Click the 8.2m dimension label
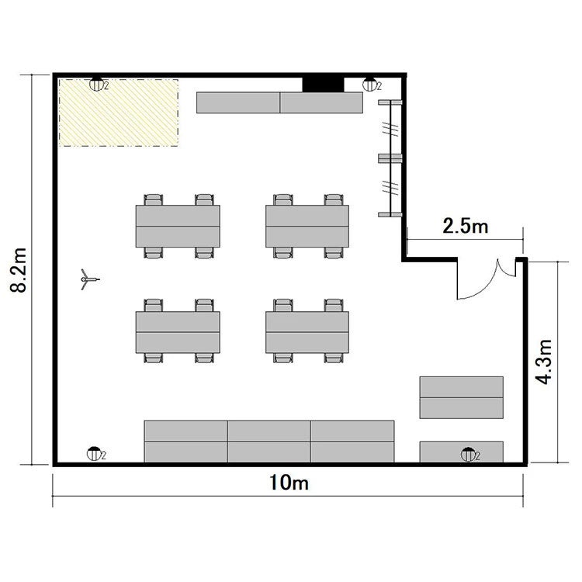point(19,270)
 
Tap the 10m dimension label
point(289,483)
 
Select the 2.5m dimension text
point(466,225)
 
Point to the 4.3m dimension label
point(544,362)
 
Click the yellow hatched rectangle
point(119,113)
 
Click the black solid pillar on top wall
point(323,85)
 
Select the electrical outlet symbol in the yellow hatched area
point(96,85)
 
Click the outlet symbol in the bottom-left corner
point(94,454)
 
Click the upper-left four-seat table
point(178,226)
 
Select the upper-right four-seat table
point(307,226)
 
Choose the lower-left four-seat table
point(178,331)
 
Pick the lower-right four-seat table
point(307,331)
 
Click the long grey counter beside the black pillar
point(279,102)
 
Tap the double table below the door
point(462,397)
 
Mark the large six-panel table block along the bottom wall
point(269,442)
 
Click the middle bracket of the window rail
point(390,158)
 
